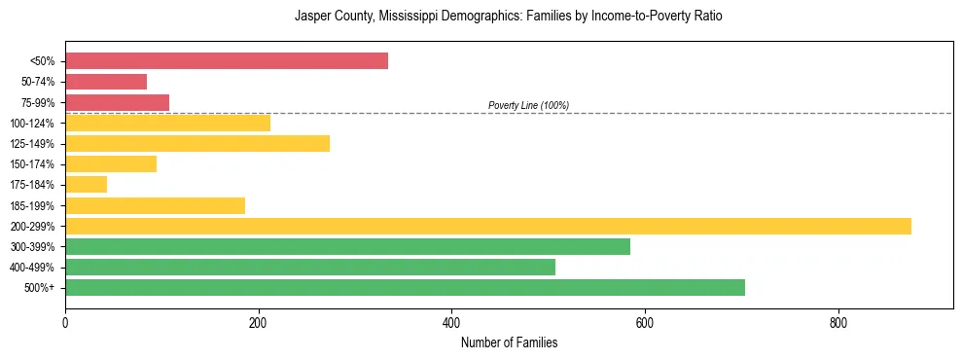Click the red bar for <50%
(227, 61)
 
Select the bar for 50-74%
(106, 82)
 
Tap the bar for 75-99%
(117, 102)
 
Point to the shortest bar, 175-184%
(86, 185)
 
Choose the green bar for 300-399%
(347, 247)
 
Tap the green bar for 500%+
(405, 288)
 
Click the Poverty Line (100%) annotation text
(528, 105)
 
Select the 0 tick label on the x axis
(65, 322)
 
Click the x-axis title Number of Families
(509, 342)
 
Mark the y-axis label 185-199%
(32, 205)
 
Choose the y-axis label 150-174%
(32, 164)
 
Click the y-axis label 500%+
(40, 288)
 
